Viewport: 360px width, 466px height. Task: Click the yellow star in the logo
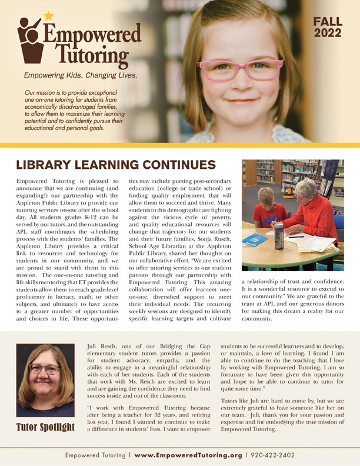[48, 15]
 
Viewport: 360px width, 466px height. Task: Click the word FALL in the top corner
[328, 22]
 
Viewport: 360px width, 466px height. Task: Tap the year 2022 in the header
[328, 34]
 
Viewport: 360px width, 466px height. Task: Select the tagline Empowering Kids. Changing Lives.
[81, 76]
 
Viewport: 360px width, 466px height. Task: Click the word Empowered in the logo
[94, 34]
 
